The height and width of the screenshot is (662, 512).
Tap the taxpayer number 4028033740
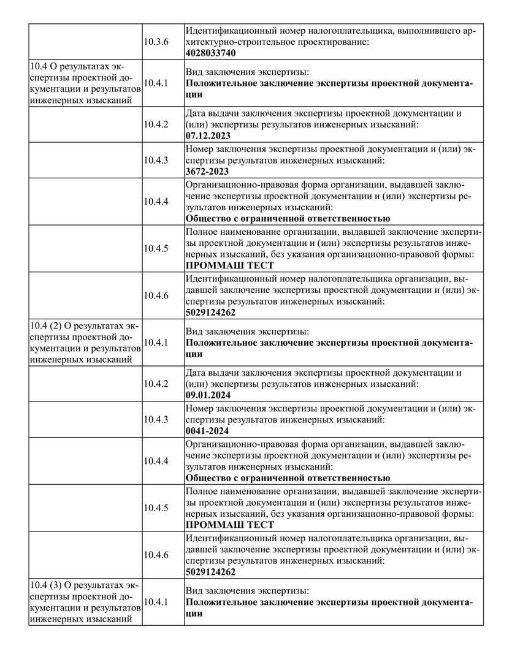click(x=211, y=53)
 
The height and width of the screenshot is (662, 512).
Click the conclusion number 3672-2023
click(x=207, y=172)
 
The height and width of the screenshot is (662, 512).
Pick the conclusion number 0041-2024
click(x=207, y=431)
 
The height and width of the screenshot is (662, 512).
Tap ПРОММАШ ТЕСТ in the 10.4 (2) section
click(x=229, y=525)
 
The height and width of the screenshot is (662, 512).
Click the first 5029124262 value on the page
click(x=211, y=313)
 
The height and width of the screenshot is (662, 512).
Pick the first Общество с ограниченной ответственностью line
click(x=288, y=218)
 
